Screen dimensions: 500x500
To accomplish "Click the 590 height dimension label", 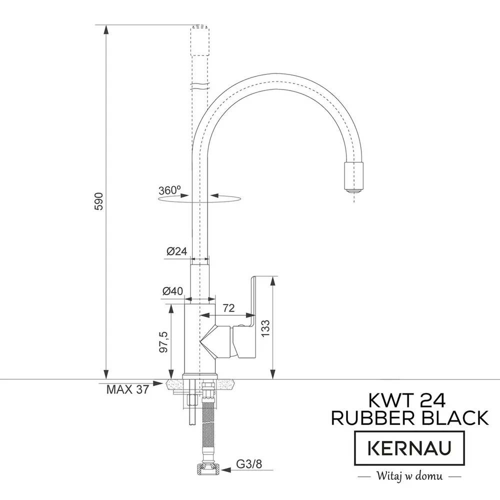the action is pyautogui.click(x=99, y=201).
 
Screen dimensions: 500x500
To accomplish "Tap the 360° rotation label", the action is pyautogui.click(x=169, y=190).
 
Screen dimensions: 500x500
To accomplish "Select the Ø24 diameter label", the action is pyautogui.click(x=176, y=251).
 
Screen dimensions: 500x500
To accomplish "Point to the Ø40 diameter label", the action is pyautogui.click(x=172, y=291).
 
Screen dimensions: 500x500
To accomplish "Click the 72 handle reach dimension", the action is pyautogui.click(x=228, y=307).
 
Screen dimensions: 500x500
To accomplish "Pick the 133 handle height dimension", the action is pyautogui.click(x=265, y=328).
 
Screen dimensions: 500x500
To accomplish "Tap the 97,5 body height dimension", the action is pyautogui.click(x=163, y=342).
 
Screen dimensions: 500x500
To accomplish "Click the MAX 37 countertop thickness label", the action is pyautogui.click(x=127, y=389).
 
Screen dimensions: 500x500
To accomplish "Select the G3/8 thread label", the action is pyautogui.click(x=249, y=464).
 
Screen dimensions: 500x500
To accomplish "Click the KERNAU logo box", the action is pyautogui.click(x=409, y=448).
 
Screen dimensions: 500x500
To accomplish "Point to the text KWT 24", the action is pyautogui.click(x=407, y=400).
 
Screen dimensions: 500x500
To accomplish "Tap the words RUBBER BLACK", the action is pyautogui.click(x=410, y=417).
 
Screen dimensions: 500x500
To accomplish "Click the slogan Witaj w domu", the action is pyautogui.click(x=410, y=476).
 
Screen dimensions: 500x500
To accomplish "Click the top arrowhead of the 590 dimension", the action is pyautogui.click(x=106, y=29).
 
